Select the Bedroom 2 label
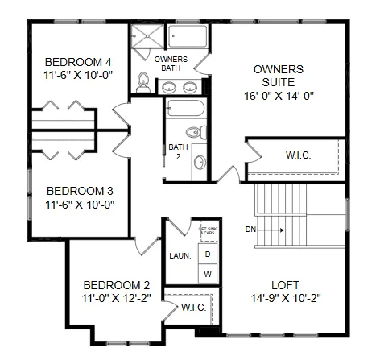tap(117, 284)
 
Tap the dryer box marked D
tap(207, 254)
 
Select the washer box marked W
tap(207, 275)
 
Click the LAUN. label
tap(180, 255)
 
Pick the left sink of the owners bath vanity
tap(170, 86)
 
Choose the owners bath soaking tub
tap(188, 37)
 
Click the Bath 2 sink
tap(200, 161)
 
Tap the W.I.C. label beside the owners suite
tap(298, 155)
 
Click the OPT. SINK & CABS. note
tap(206, 230)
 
